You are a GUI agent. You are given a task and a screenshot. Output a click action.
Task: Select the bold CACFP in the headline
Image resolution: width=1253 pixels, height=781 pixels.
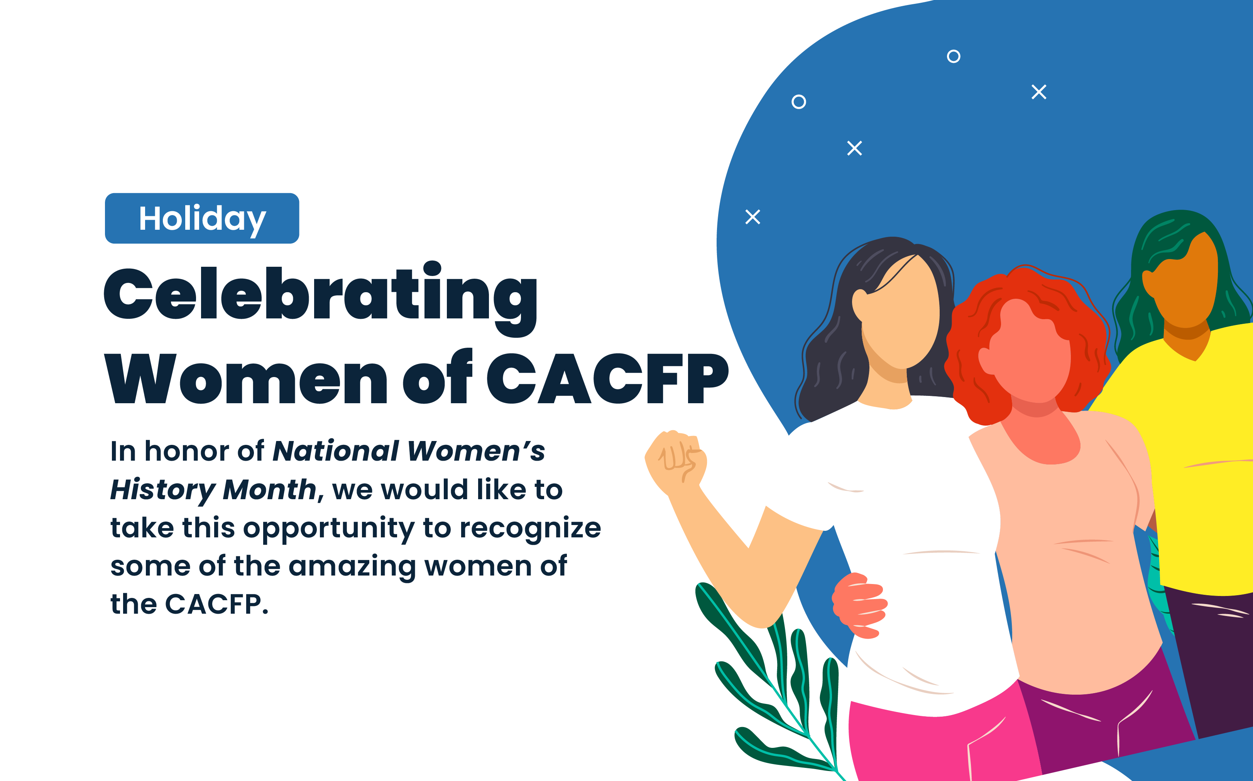(608, 379)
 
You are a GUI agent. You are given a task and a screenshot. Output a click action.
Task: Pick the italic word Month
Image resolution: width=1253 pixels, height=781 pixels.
(269, 489)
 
